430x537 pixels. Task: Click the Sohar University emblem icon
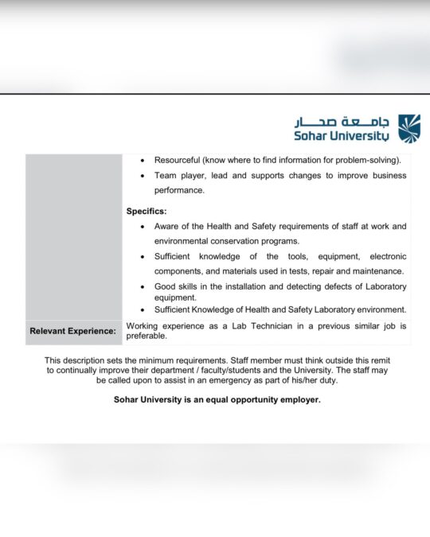click(409, 128)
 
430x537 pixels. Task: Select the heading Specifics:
click(147, 212)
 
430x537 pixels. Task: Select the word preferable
click(147, 337)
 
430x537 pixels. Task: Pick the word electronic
click(385, 257)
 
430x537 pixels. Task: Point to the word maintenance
click(377, 271)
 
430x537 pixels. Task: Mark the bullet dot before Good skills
click(143, 286)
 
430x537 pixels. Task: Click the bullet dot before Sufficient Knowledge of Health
click(143, 310)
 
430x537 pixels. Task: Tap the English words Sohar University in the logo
click(343, 136)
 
